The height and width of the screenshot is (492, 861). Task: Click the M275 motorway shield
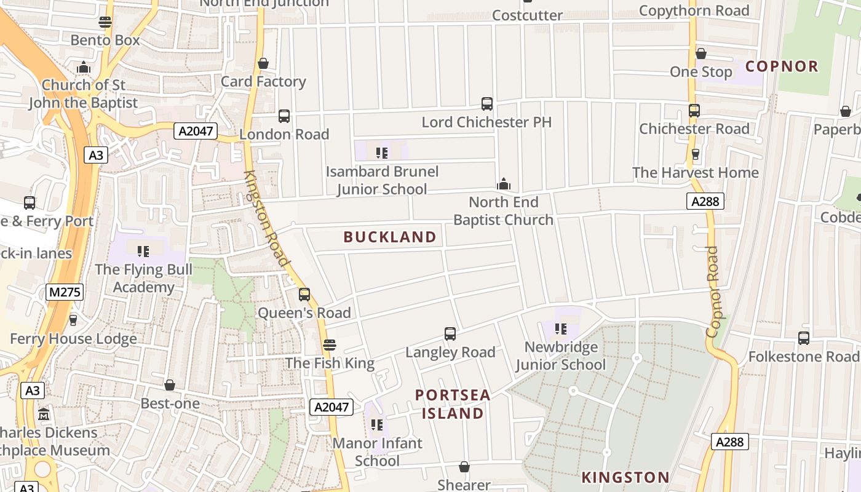point(64,292)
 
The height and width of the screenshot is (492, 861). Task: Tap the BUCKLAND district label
point(390,237)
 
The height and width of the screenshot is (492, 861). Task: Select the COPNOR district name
point(782,66)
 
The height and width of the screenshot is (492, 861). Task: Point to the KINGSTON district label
point(625,477)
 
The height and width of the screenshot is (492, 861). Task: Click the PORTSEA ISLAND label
point(453,404)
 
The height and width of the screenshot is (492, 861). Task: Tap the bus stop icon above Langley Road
point(450,334)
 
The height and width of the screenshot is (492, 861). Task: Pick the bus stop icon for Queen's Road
point(304,295)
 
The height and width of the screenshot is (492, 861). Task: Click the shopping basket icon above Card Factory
point(263,63)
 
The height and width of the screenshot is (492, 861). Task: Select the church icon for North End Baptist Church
point(504,184)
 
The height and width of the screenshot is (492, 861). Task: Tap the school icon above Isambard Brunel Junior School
point(382,153)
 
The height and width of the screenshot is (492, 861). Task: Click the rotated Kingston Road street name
point(267,218)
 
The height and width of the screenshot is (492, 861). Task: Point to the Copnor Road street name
point(713,292)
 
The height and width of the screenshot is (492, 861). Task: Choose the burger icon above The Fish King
point(330,345)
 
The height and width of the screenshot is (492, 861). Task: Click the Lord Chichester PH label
point(486,122)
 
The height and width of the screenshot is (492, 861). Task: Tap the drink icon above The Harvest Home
point(696,154)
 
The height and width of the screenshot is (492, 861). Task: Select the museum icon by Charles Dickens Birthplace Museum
point(43,414)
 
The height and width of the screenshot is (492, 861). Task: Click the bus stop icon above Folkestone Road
point(803,338)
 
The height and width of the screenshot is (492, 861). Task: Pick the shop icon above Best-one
point(170,385)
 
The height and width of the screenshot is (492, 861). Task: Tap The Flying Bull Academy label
point(143,278)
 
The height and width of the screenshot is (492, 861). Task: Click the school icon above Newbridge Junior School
point(560,329)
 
